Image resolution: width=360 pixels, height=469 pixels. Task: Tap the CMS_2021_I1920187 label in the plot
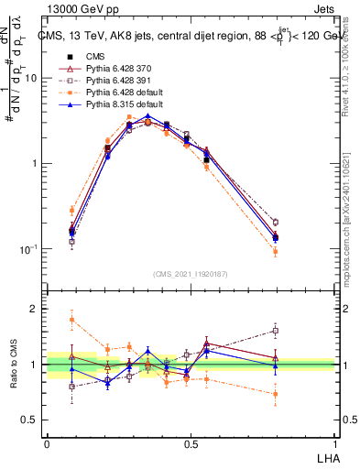pyautogui.click(x=191, y=274)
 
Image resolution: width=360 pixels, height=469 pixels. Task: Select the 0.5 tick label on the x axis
pyautogui.click(x=190, y=443)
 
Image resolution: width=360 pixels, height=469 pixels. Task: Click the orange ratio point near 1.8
pyautogui.click(x=71, y=320)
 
